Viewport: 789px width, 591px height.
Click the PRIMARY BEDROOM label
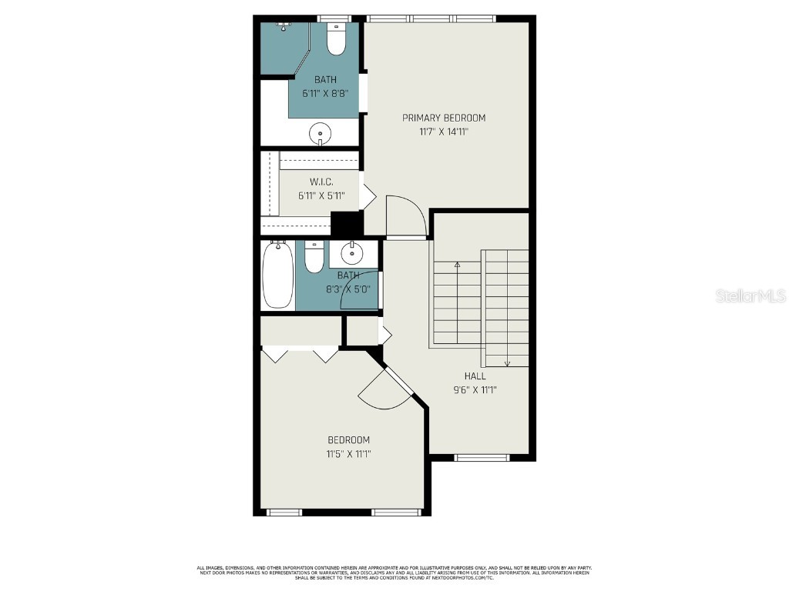444,118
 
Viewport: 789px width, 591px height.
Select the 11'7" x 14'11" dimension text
444,132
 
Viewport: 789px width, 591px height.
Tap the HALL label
475,376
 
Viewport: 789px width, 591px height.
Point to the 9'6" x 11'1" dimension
475,389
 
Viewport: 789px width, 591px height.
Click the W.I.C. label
321,182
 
